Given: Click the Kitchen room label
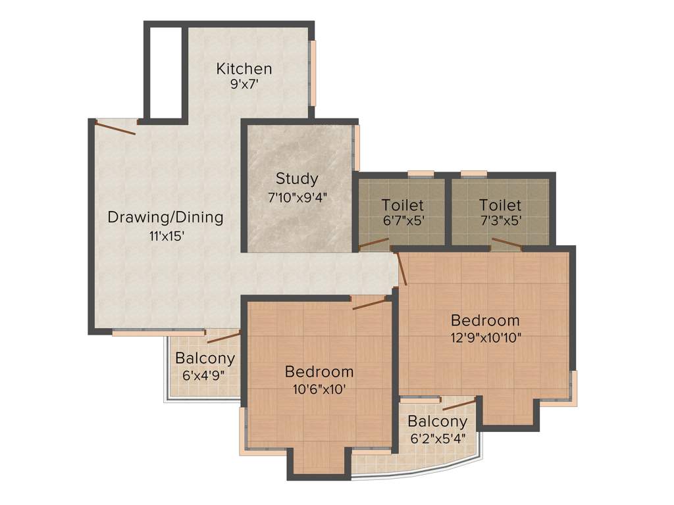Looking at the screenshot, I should tap(244, 68).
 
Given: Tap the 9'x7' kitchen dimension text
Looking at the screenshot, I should tap(244, 85).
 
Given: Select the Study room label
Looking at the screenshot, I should tap(297, 178).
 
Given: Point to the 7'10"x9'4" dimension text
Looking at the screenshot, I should tap(297, 195).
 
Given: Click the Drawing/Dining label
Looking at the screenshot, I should tap(165, 217).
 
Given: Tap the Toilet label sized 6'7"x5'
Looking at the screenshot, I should tap(402, 205).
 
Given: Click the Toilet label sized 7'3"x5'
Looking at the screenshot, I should tap(500, 205).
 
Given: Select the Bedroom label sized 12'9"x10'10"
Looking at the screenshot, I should tap(485, 320).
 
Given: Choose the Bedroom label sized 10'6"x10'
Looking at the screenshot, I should tap(319, 372).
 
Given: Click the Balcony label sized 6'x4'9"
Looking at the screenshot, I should tap(205, 358).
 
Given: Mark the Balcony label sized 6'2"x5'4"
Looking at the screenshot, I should tap(437, 421).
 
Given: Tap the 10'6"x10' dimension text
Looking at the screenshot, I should tap(319, 389).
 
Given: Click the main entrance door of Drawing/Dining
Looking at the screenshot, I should tap(116, 126).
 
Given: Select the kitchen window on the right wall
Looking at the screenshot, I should tap(313, 72).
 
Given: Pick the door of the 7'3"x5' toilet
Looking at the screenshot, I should tap(507, 245).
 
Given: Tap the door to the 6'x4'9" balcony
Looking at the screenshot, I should tap(223, 338).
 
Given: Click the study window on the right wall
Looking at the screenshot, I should tap(357, 147).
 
